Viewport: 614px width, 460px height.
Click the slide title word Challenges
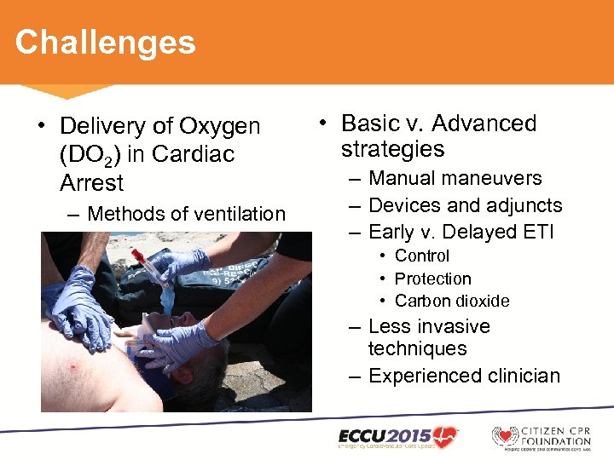click(x=105, y=42)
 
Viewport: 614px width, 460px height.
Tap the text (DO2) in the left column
click(x=93, y=155)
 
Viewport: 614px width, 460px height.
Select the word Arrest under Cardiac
click(x=91, y=183)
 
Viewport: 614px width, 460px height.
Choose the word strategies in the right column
click(x=392, y=149)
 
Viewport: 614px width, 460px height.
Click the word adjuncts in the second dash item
click(x=524, y=205)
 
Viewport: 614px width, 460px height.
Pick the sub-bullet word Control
click(x=421, y=256)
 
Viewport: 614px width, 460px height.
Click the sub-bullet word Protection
click(x=432, y=279)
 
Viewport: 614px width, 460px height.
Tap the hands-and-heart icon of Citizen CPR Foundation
click(x=505, y=437)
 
